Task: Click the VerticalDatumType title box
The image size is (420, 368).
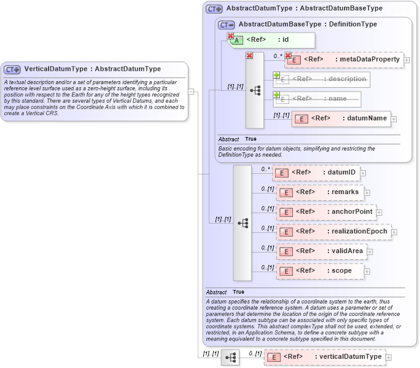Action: [92, 69]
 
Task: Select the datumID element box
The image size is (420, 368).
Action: [316, 173]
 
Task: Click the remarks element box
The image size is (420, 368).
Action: [320, 192]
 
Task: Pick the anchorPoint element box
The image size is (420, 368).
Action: [325, 212]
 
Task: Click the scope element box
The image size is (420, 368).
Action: [320, 270]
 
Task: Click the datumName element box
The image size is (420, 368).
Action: [341, 119]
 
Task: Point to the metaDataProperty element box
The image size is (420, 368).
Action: [344, 60]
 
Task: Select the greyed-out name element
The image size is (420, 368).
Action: [316, 98]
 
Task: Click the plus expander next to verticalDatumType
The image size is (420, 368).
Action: [388, 357]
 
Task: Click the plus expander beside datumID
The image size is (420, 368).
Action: [364, 173]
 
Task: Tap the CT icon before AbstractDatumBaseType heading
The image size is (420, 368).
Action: [227, 25]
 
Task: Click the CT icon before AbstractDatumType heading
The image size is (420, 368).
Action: [214, 9]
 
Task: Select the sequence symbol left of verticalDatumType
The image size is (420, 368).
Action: [230, 357]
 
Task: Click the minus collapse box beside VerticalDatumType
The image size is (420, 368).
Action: [191, 92]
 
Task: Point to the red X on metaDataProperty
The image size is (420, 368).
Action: [287, 56]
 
